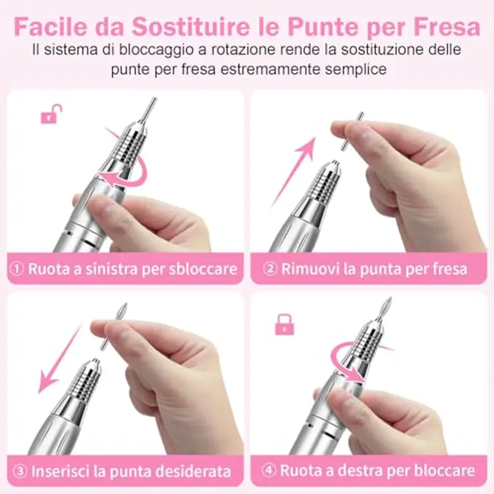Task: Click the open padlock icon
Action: tap(51, 114)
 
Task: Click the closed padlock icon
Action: tap(284, 324)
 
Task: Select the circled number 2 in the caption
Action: tap(269, 269)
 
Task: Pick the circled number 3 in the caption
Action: tap(20, 472)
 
